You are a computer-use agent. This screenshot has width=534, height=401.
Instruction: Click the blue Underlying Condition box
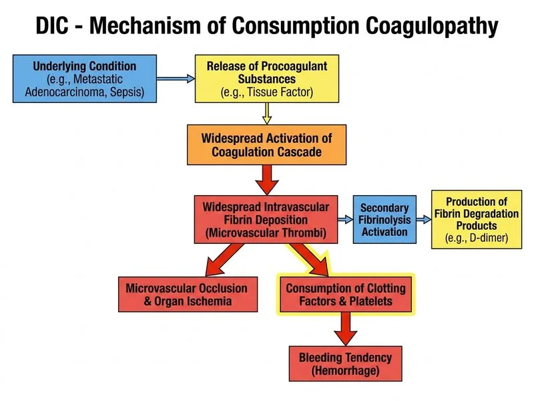click(x=85, y=79)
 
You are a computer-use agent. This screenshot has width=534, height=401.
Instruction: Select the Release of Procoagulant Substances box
click(x=267, y=79)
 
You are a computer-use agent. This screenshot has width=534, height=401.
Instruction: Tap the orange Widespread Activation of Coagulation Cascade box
click(x=266, y=145)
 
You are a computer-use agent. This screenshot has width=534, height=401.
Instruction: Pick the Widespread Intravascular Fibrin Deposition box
click(x=266, y=220)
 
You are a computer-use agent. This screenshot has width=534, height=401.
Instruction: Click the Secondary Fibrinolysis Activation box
click(x=384, y=220)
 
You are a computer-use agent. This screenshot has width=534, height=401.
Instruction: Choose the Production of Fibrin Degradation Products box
click(x=477, y=220)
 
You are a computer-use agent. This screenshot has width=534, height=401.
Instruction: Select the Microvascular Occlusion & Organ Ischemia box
click(x=188, y=294)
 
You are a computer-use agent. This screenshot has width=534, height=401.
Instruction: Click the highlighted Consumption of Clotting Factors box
click(x=346, y=294)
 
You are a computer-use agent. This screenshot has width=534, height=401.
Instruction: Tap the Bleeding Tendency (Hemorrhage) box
click(x=345, y=364)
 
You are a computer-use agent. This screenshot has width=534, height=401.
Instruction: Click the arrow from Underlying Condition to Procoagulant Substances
click(x=176, y=79)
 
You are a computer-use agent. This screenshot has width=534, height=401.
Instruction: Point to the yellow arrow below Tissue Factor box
click(x=267, y=114)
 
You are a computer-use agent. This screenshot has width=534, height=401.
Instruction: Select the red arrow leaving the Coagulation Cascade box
click(x=267, y=180)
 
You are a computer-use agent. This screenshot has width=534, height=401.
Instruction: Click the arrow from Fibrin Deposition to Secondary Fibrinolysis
click(x=345, y=220)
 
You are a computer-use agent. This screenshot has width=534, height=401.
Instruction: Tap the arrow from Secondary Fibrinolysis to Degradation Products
click(x=424, y=220)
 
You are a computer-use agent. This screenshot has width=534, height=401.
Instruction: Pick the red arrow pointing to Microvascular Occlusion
click(x=225, y=259)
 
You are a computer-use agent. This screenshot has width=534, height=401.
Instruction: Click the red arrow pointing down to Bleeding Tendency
click(x=346, y=329)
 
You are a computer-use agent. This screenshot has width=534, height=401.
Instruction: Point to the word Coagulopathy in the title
click(x=432, y=27)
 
